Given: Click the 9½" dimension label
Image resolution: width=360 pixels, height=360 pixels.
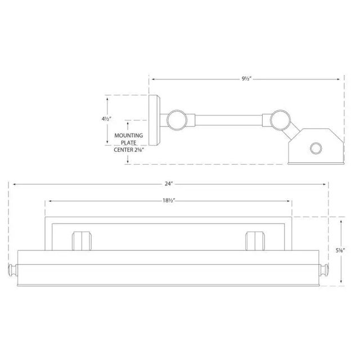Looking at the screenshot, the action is [x=247, y=79].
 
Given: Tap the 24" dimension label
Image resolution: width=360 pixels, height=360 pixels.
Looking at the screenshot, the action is [x=168, y=184].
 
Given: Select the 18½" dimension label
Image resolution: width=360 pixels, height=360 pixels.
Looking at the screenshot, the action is [x=169, y=201].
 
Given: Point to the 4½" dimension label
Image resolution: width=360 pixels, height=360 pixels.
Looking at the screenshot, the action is [x=106, y=119].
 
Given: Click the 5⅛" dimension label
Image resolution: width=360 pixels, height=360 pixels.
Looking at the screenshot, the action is [x=340, y=251].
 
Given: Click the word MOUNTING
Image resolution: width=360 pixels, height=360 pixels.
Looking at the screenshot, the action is [x=129, y=136].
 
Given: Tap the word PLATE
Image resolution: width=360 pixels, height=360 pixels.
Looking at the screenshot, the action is [x=129, y=143].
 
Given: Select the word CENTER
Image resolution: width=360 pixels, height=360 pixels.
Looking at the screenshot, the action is [x=123, y=150].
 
